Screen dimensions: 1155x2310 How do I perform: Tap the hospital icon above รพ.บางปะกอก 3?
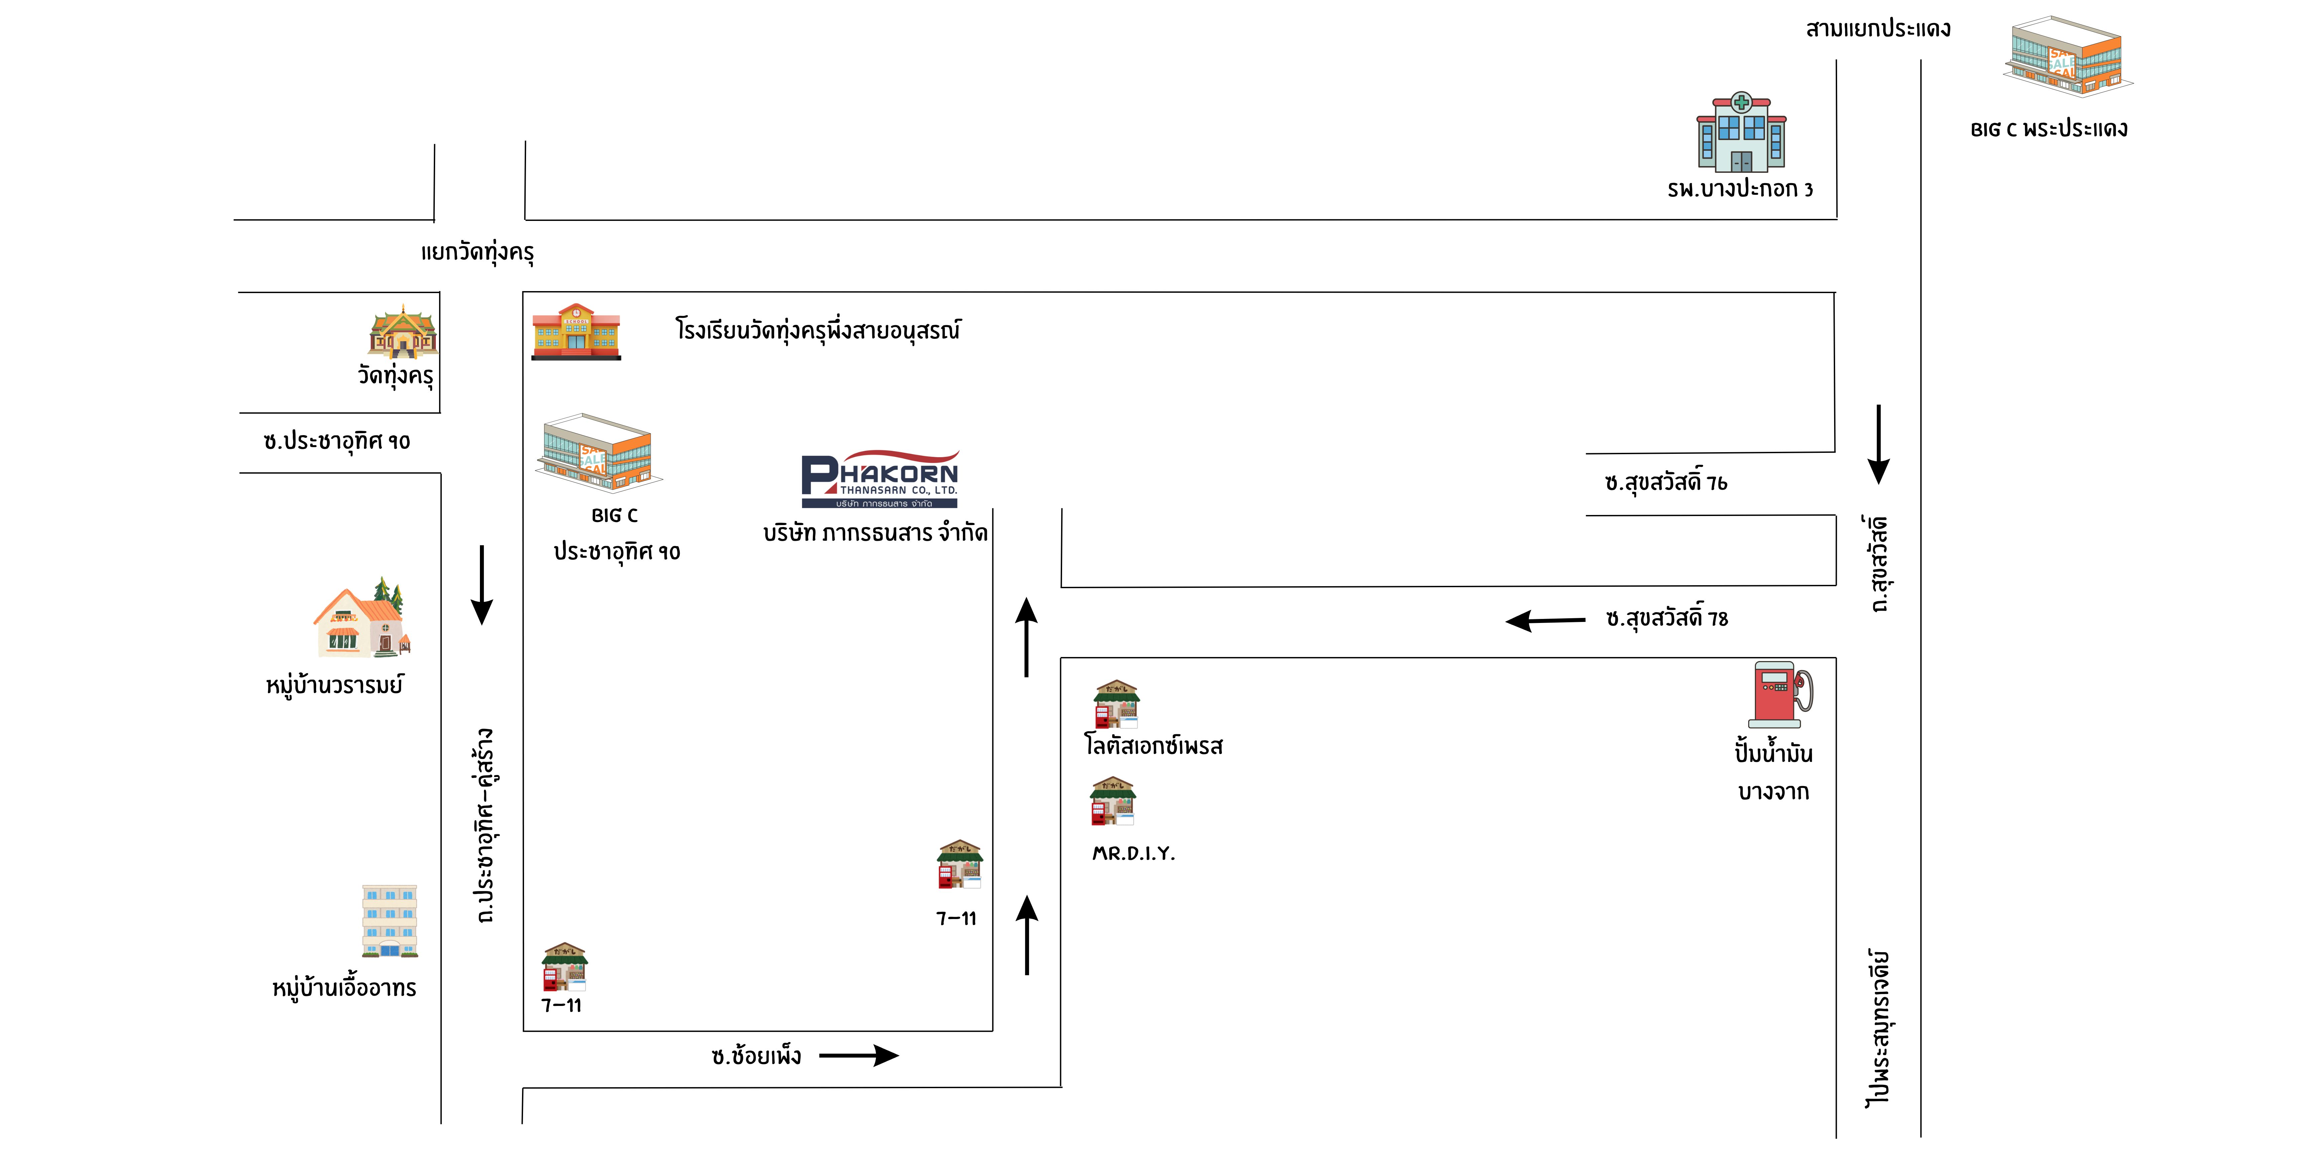click(x=1741, y=133)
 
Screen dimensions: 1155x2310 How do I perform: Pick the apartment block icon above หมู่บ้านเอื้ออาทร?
click(x=389, y=921)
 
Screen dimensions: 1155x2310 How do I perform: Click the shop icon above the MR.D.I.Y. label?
click(x=1113, y=801)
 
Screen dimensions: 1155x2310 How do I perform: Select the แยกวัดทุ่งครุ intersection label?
click(x=477, y=252)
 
